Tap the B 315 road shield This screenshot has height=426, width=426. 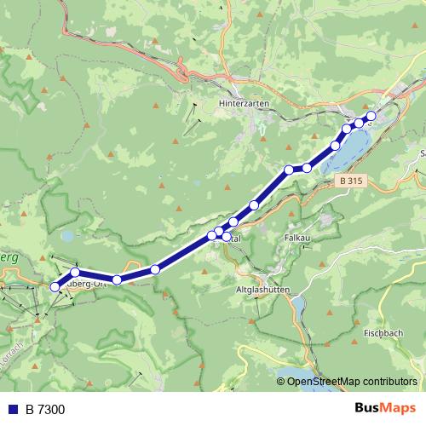point(349,181)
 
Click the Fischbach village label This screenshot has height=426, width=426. point(383,331)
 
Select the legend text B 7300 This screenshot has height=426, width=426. point(45,410)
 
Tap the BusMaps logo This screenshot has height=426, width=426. point(382,409)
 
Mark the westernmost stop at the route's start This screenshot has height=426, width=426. point(55,287)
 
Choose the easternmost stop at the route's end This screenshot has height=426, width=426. point(371,117)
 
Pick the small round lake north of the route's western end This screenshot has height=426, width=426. point(67,236)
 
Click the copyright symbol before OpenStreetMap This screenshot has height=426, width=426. point(281,382)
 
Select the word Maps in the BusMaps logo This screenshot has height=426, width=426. point(397,409)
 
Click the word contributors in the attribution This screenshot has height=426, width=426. point(388,382)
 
